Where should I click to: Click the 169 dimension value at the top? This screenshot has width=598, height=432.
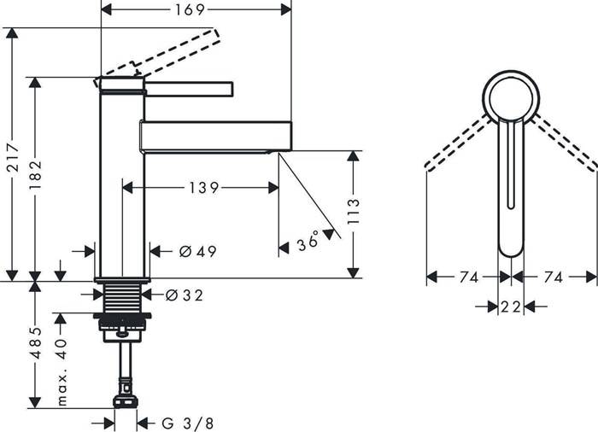196,10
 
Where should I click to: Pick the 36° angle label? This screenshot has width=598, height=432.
308,243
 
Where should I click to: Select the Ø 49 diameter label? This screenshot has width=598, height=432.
197,251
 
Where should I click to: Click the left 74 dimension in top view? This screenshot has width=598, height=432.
466,277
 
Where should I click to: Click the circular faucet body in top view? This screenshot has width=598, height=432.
509,95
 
